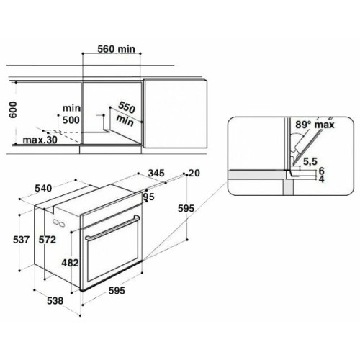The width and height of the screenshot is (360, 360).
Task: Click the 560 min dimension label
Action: click(x=116, y=49)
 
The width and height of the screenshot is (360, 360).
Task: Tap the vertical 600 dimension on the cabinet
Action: click(x=13, y=109)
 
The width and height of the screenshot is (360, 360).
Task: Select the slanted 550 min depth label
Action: click(x=126, y=114)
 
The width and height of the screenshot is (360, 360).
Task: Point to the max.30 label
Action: click(x=40, y=140)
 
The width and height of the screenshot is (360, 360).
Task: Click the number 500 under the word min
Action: click(x=71, y=120)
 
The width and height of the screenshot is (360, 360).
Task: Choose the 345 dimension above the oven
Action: click(x=156, y=173)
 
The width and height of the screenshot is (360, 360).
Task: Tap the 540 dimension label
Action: click(x=43, y=189)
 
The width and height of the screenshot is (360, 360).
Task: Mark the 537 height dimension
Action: click(x=21, y=240)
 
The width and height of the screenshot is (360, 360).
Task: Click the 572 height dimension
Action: click(x=48, y=240)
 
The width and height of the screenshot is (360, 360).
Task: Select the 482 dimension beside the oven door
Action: click(x=70, y=263)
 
